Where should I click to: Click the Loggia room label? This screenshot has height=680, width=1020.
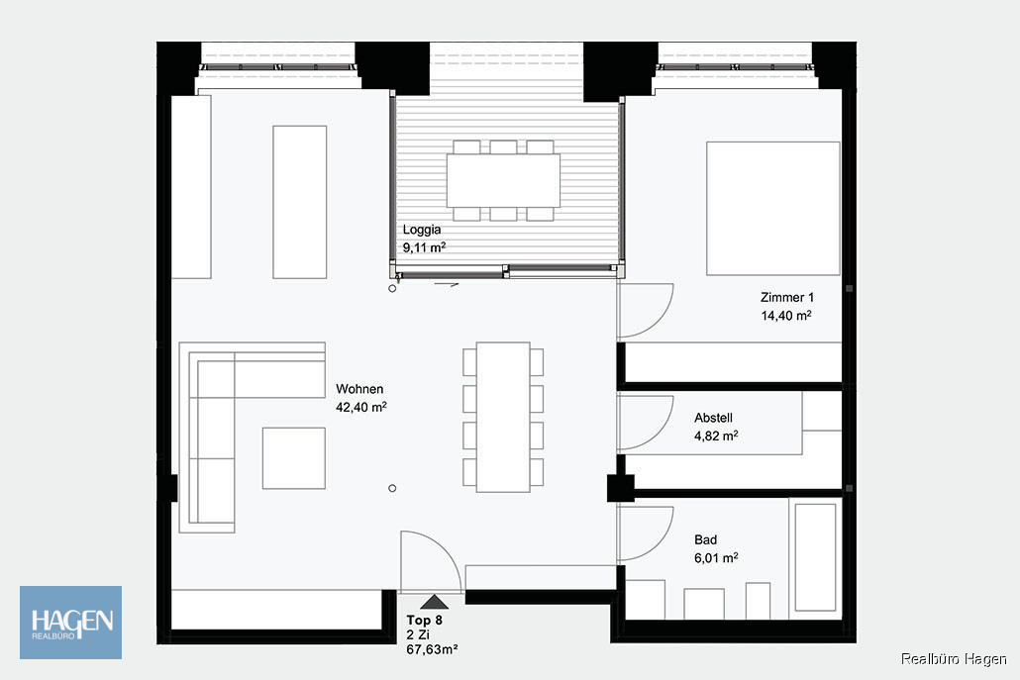coord(422,230)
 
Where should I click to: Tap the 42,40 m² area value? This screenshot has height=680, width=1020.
coord(361,407)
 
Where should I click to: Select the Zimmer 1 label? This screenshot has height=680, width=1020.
coord(787,297)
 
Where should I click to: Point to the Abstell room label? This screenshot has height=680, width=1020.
coord(714,418)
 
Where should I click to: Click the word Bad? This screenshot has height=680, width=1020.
coord(706,539)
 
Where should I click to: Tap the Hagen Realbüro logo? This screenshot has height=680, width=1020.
coord(71,623)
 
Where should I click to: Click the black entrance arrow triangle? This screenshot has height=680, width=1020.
coord(434,602)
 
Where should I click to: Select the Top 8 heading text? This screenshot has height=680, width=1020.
coord(424,621)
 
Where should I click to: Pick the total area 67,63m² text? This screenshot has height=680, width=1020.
coord(432,648)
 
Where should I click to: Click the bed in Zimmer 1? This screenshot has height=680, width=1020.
coord(773,209)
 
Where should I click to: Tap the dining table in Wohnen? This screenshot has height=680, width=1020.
coord(503,417)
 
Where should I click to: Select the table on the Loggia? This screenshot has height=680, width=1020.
coord(503,180)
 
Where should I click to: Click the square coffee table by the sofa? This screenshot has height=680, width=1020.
coord(294,457)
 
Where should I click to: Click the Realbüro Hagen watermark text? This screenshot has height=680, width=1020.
coord(954,658)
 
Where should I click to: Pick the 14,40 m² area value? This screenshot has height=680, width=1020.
coord(786,316)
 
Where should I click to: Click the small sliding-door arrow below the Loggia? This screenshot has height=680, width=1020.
coord(447,284)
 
